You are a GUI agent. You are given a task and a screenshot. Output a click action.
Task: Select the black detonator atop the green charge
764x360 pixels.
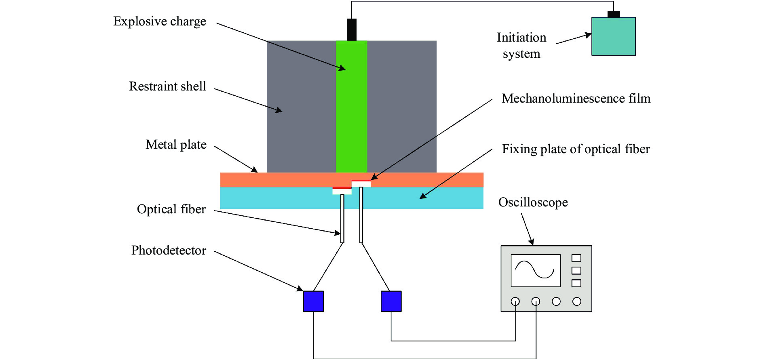pyautogui.click(x=352, y=29)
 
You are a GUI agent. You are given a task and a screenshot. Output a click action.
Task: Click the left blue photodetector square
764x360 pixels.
pyautogui.click(x=313, y=301)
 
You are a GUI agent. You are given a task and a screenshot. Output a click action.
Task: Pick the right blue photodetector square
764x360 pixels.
pyautogui.click(x=391, y=301)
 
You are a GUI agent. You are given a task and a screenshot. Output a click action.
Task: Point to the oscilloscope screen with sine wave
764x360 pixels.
pyautogui.click(x=536, y=271)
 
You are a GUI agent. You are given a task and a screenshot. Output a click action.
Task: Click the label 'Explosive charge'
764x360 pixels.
pyautogui.click(x=160, y=21)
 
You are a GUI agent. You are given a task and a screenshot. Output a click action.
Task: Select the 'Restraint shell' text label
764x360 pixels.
pyautogui.click(x=167, y=86)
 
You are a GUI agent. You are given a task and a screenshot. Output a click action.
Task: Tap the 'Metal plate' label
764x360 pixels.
pyautogui.click(x=176, y=145)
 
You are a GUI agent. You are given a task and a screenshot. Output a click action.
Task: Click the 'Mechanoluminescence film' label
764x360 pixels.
pyautogui.click(x=576, y=99)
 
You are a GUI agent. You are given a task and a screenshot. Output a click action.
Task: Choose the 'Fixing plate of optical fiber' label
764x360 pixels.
pyautogui.click(x=576, y=149)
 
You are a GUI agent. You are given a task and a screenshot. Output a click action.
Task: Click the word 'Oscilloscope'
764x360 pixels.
pyautogui.click(x=533, y=202)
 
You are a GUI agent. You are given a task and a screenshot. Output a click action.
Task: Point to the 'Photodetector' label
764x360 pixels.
pyautogui.click(x=169, y=251)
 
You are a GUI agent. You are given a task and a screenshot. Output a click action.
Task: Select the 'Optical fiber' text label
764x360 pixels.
pyautogui.click(x=171, y=209)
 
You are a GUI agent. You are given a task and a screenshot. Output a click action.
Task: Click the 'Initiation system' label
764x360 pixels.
pyautogui.click(x=521, y=45)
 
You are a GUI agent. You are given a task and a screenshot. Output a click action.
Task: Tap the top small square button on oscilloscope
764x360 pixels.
pyautogui.click(x=576, y=258)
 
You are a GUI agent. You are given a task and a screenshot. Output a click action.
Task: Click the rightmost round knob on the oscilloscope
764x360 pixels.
pyautogui.click(x=577, y=301)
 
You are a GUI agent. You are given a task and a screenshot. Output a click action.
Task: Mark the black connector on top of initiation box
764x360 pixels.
pyautogui.click(x=614, y=14)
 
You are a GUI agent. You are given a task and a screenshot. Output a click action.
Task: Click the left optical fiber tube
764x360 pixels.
pyautogui.click(x=342, y=219)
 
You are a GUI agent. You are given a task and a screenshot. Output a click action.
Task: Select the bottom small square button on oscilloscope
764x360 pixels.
pyautogui.click(x=576, y=283)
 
